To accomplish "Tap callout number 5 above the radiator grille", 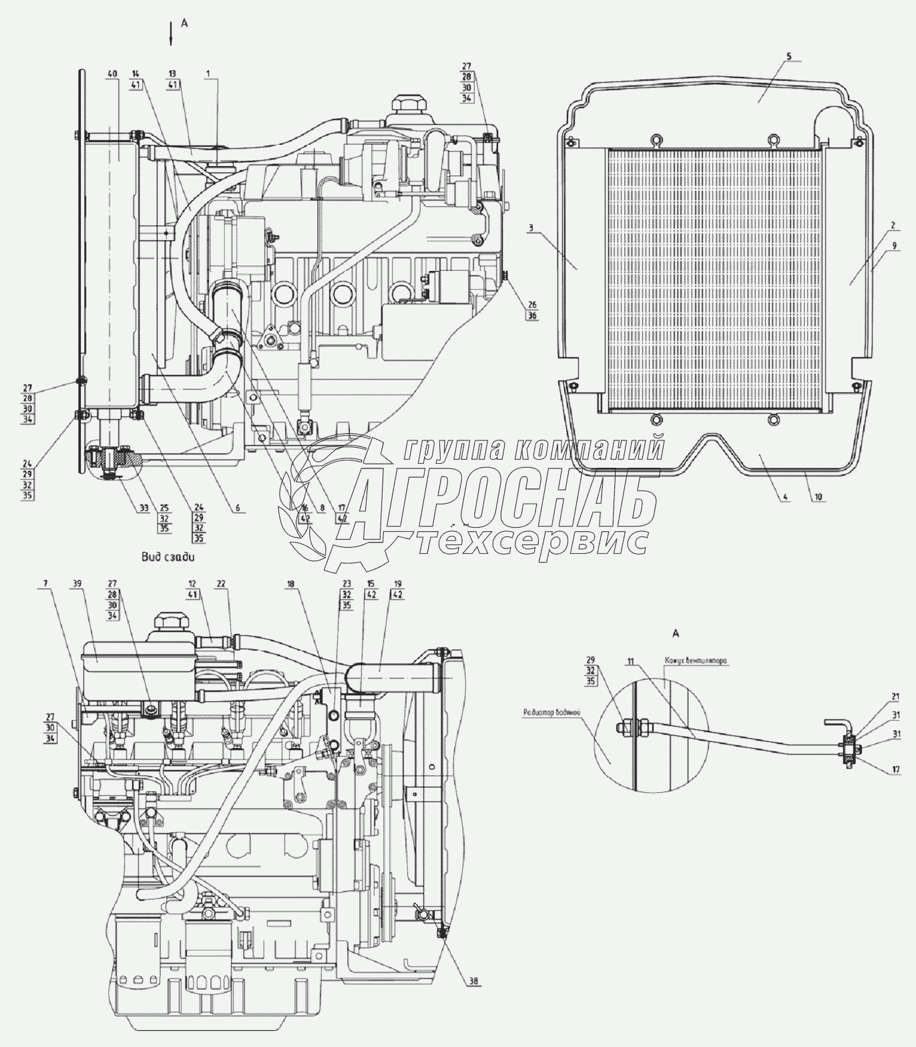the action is click(x=788, y=57).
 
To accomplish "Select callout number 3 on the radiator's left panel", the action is click(x=530, y=228).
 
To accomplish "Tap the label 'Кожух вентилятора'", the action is click(x=695, y=661).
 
